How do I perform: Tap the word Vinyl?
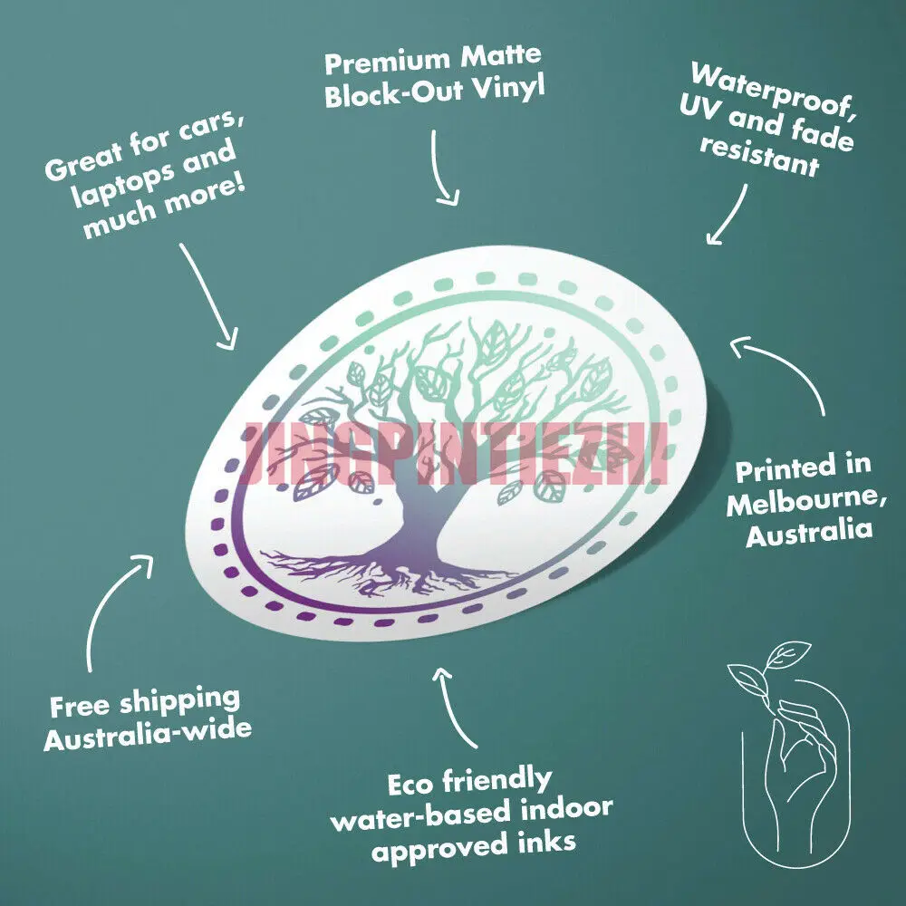point(512,92)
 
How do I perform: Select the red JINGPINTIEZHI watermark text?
point(453,454)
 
